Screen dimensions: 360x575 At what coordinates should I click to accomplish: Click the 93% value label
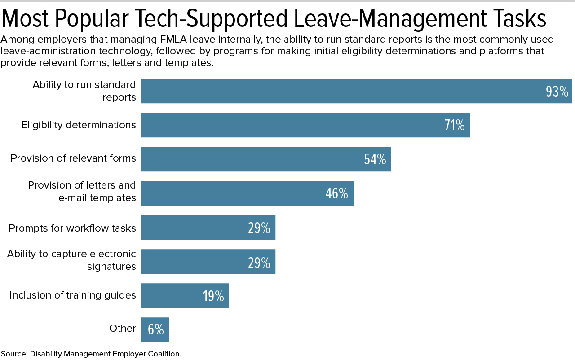point(557,92)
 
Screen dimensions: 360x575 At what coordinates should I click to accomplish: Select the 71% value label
point(455,126)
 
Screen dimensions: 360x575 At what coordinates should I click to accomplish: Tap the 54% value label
point(375,160)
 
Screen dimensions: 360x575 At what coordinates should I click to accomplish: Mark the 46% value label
point(337,193)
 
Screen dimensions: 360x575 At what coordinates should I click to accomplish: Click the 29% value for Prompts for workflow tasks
point(259,228)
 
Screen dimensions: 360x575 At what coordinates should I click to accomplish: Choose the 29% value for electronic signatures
point(259,262)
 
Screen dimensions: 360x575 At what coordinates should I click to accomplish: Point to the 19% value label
point(213,296)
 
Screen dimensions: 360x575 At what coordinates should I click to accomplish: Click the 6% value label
point(156,330)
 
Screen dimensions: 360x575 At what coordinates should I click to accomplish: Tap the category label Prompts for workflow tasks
point(72,228)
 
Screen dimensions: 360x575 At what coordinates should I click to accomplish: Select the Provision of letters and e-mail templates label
point(82,191)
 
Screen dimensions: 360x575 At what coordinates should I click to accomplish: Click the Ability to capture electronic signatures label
point(71,260)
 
